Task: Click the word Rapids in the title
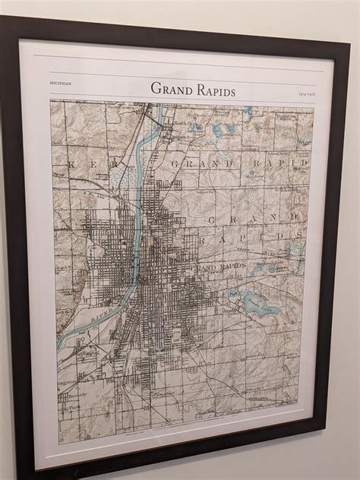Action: coord(213,90)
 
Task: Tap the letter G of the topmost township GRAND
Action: coord(174,163)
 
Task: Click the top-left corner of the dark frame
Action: coord(3,17)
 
